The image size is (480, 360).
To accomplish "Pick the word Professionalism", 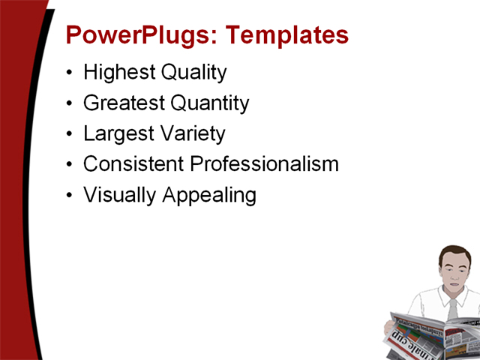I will pyautogui.click(x=264, y=164).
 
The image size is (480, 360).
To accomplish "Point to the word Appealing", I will pyautogui.click(x=209, y=196).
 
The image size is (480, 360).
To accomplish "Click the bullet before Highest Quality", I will pyautogui.click(x=70, y=73).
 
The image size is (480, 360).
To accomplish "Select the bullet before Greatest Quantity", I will pyautogui.click(x=70, y=104).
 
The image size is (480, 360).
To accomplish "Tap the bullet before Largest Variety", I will pyautogui.click(x=70, y=135).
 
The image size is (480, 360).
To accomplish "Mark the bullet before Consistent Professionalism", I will pyautogui.click(x=70, y=165).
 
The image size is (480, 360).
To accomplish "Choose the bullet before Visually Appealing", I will pyautogui.click(x=70, y=196).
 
